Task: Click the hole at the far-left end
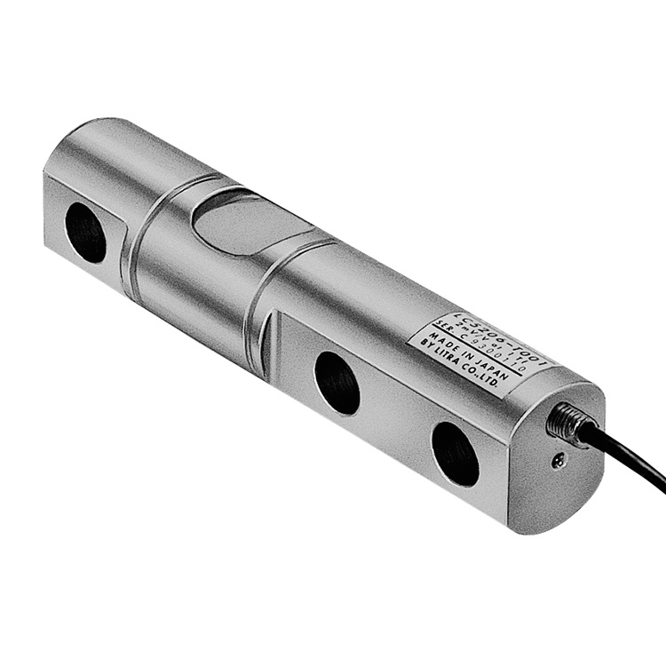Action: click(x=86, y=232)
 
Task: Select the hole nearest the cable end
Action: click(x=456, y=454)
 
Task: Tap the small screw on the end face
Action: click(x=557, y=460)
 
